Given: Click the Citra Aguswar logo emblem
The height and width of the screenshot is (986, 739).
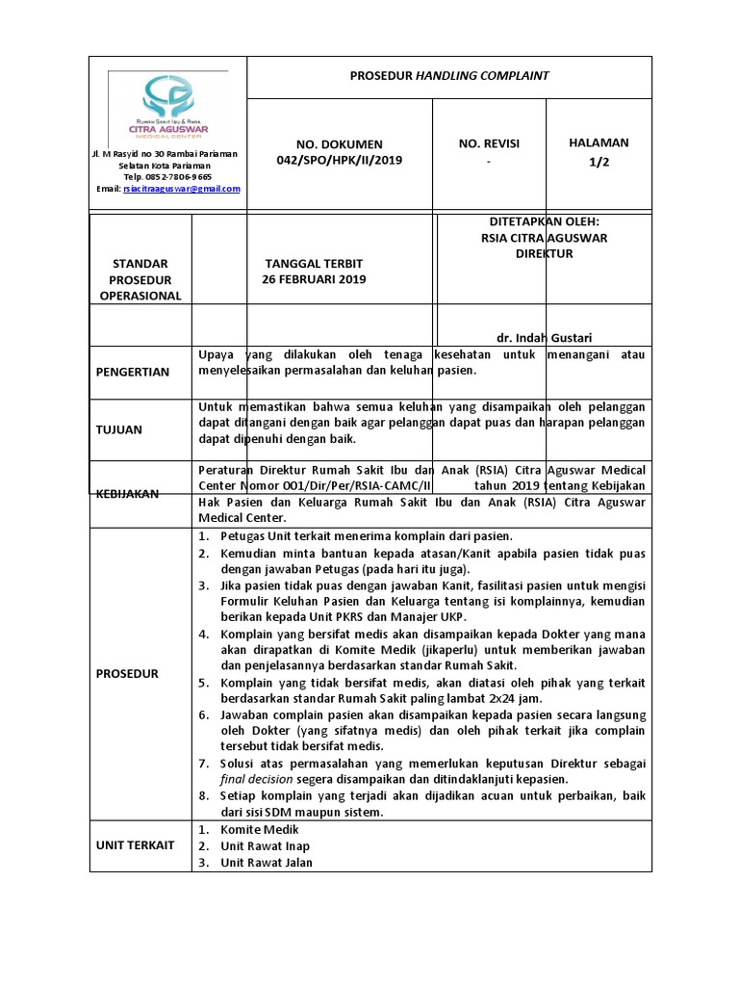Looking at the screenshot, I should [x=168, y=96].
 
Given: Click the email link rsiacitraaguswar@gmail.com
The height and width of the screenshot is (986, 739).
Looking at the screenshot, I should [x=182, y=189].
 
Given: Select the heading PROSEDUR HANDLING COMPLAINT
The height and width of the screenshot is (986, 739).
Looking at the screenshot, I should [x=449, y=75].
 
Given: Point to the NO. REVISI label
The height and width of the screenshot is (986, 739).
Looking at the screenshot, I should [x=489, y=143].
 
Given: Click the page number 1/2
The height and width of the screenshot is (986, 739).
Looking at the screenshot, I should [x=599, y=161].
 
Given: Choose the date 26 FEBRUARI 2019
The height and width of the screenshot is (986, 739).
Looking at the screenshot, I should [x=315, y=279].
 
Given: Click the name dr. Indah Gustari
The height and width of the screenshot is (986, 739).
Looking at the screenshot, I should [x=544, y=337].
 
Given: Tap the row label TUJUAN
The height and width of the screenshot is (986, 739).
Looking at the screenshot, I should [x=119, y=429].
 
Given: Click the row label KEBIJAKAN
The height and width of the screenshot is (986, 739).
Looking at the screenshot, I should [x=128, y=492].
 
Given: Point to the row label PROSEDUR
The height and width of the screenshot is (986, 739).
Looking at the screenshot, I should [x=127, y=674].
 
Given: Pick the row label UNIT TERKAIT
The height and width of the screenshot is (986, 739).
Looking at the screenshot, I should [x=135, y=844].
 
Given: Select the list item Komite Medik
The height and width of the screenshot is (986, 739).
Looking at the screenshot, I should [x=260, y=829].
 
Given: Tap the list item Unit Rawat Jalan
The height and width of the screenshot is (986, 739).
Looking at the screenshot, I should [x=267, y=862].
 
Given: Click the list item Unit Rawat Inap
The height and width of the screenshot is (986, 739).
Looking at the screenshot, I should [x=265, y=845].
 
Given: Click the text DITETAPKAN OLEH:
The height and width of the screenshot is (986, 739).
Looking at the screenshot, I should [x=544, y=221].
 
